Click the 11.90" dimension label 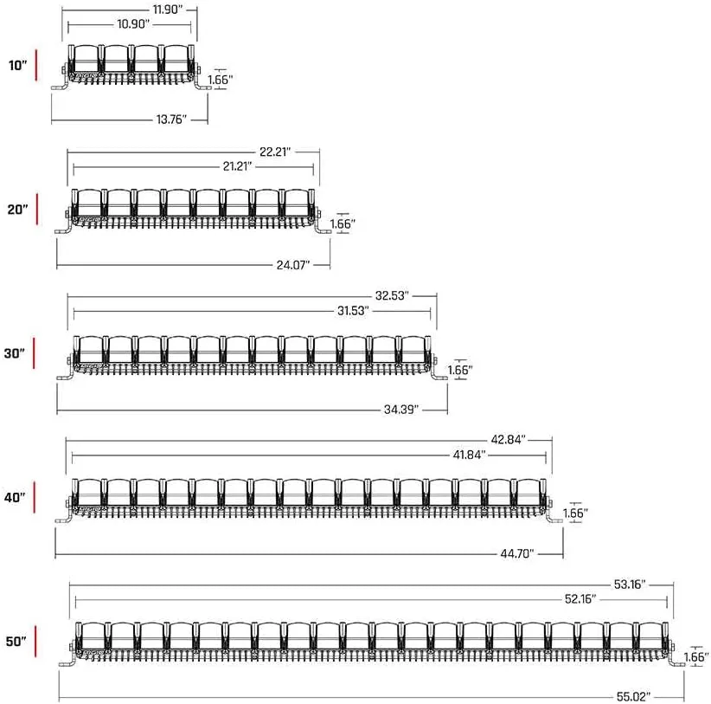[x=168, y=10]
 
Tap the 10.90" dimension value [x=133, y=24]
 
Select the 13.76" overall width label [x=171, y=119]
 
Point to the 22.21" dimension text [x=275, y=152]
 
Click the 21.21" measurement [x=237, y=166]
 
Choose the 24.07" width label [x=293, y=265]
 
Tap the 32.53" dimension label [x=392, y=295]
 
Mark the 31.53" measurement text [x=353, y=311]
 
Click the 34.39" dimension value [x=401, y=410]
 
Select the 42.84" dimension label [x=509, y=439]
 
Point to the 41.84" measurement [x=470, y=455]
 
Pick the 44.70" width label [x=517, y=553]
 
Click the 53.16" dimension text [x=630, y=585]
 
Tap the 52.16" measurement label [x=580, y=599]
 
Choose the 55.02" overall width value [x=633, y=696]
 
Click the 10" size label [x=17, y=65]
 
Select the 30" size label [x=15, y=353]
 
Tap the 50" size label [x=16, y=642]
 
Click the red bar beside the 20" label [x=37, y=210]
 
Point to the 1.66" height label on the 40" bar [x=575, y=513]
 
